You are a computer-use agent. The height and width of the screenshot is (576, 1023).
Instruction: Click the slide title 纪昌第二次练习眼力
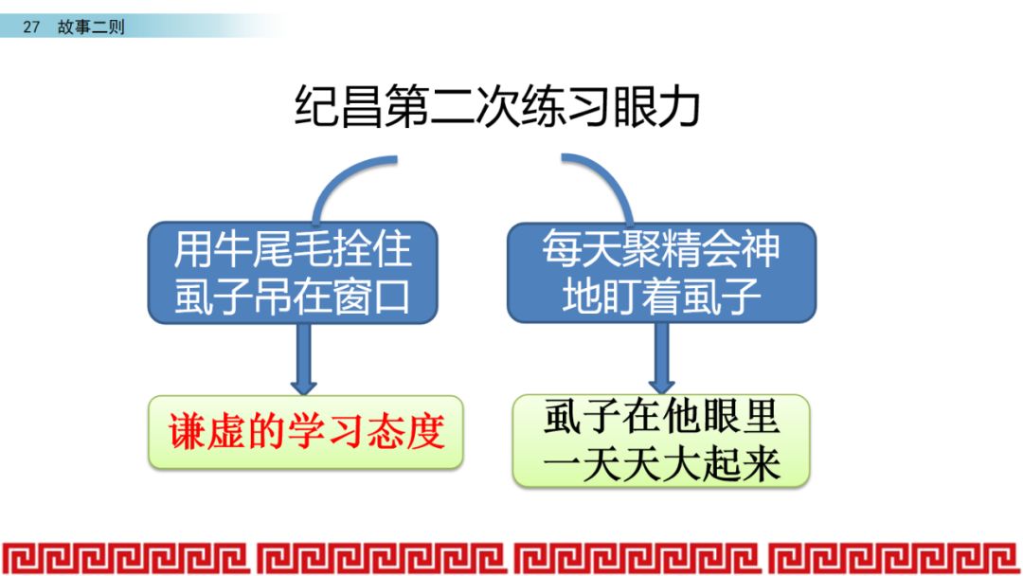pos(497,106)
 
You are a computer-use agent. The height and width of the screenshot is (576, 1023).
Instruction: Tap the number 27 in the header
pos(31,27)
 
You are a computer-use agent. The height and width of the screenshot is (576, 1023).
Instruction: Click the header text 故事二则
pos(91,27)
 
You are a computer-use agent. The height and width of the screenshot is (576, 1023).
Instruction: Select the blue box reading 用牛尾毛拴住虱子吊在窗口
pos(293,273)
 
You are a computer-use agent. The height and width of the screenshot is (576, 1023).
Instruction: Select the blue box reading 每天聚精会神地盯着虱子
pos(661,273)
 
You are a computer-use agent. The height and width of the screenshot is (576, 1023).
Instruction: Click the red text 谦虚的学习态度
pos(306,432)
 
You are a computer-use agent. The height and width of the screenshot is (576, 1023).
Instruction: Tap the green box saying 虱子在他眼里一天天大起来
pos(661,441)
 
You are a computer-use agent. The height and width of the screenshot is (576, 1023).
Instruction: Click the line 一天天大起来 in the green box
pos(661,465)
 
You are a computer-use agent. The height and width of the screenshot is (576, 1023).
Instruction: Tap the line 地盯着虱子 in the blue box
pos(661,297)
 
